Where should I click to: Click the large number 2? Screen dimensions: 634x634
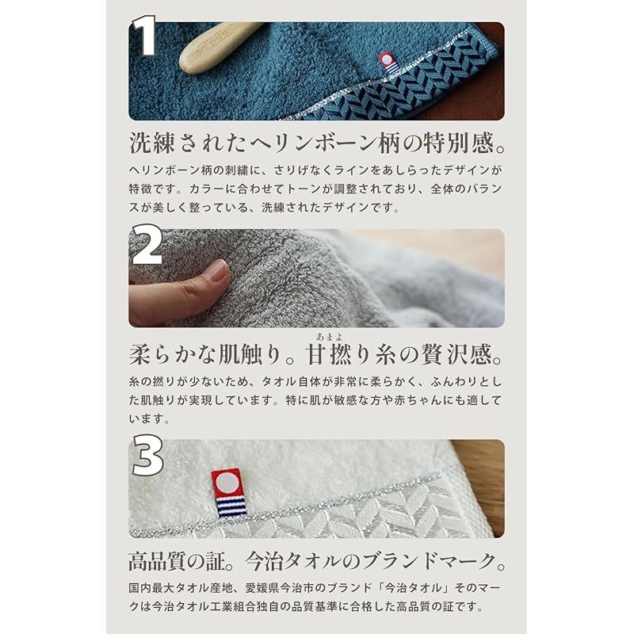click(x=147, y=246)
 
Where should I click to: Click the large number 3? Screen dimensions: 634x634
click(x=147, y=457)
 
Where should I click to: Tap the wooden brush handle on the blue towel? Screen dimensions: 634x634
click(x=219, y=47)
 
